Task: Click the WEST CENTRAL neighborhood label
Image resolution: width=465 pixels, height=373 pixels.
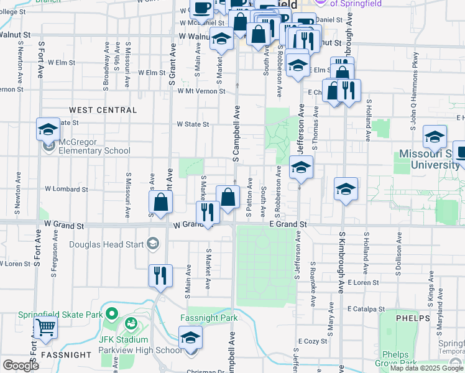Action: click(x=103, y=110)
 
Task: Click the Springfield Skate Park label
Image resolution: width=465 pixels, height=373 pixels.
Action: click(x=60, y=315)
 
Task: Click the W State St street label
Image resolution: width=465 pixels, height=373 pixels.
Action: click(x=193, y=124)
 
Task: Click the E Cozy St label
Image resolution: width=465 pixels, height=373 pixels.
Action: click(x=312, y=341)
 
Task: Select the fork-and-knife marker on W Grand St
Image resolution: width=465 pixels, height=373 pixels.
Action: click(x=208, y=213)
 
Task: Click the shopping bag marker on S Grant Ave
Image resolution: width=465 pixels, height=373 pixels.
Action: click(x=161, y=202)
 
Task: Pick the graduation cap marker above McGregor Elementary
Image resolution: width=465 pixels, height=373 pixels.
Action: click(x=48, y=129)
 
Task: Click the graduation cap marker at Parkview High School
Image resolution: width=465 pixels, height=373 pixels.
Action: click(x=191, y=339)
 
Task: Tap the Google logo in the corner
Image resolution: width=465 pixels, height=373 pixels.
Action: click(x=21, y=366)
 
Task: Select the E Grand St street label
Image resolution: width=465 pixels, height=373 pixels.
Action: click(x=288, y=224)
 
